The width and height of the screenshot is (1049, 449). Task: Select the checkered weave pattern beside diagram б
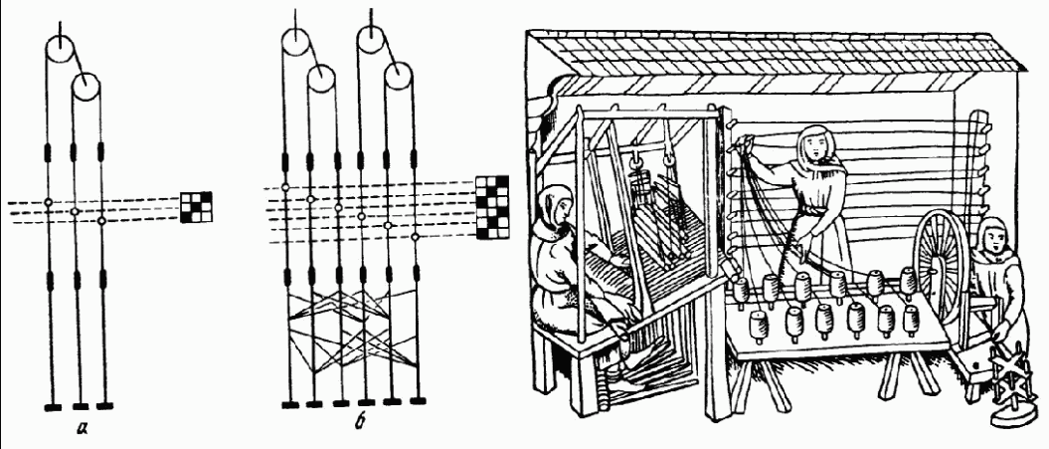[491, 207]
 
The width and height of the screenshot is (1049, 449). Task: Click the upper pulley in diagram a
[61, 49]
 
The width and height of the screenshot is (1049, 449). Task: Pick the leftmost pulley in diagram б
[295, 41]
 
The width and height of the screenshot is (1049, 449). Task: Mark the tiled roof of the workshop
[756, 54]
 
